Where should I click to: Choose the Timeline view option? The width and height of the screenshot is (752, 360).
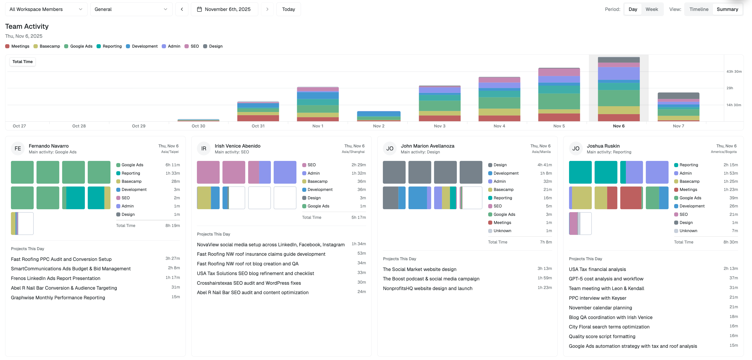click(699, 9)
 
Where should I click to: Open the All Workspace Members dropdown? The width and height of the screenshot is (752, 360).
click(46, 9)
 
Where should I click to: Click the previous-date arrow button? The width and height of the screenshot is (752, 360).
click(182, 9)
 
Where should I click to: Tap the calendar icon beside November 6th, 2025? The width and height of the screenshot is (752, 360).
click(199, 9)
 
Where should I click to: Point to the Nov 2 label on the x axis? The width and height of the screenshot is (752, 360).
click(379, 126)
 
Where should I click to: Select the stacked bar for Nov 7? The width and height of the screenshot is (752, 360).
click(678, 107)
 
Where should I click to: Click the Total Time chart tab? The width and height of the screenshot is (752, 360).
click(23, 62)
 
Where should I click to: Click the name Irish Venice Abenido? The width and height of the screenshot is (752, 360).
click(237, 146)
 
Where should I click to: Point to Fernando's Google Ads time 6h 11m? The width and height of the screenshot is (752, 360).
click(172, 165)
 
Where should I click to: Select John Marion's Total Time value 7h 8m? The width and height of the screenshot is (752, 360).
click(546, 242)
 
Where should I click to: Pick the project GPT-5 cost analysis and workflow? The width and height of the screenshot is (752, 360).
click(606, 279)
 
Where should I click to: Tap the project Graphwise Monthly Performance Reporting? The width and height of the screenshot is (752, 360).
click(58, 298)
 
